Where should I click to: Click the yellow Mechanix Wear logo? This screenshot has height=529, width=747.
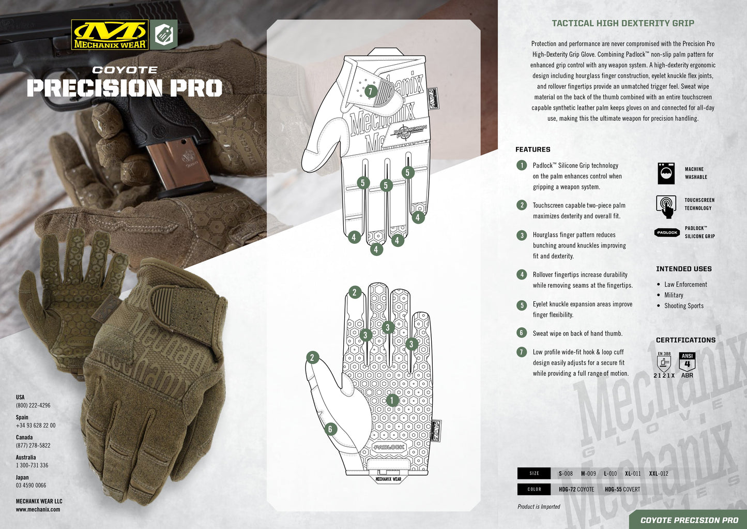(110, 35)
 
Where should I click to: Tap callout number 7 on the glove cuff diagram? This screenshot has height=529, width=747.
(371, 91)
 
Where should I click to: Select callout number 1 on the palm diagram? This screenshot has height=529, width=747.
(392, 400)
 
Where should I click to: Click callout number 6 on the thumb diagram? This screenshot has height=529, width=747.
(330, 429)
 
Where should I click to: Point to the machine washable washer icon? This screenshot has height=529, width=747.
(666, 173)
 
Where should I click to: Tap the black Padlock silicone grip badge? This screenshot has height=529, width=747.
(667, 232)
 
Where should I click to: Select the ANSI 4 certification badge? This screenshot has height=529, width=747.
(687, 361)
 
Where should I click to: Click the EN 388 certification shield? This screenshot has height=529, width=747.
(664, 362)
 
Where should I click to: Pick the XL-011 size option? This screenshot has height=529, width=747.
(633, 474)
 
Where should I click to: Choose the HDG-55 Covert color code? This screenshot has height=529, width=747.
(622, 489)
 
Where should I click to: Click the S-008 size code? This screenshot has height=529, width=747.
(566, 474)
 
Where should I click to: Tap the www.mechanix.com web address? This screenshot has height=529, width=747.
(38, 510)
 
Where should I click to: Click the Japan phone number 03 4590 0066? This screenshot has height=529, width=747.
(31, 485)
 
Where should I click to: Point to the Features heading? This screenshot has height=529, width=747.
(533, 150)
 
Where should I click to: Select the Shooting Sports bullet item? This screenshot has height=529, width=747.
(683, 306)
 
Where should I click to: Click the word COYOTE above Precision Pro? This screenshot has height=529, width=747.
(125, 70)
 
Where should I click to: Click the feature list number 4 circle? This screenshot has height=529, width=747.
(522, 275)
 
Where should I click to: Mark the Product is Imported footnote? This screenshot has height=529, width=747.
(539, 507)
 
